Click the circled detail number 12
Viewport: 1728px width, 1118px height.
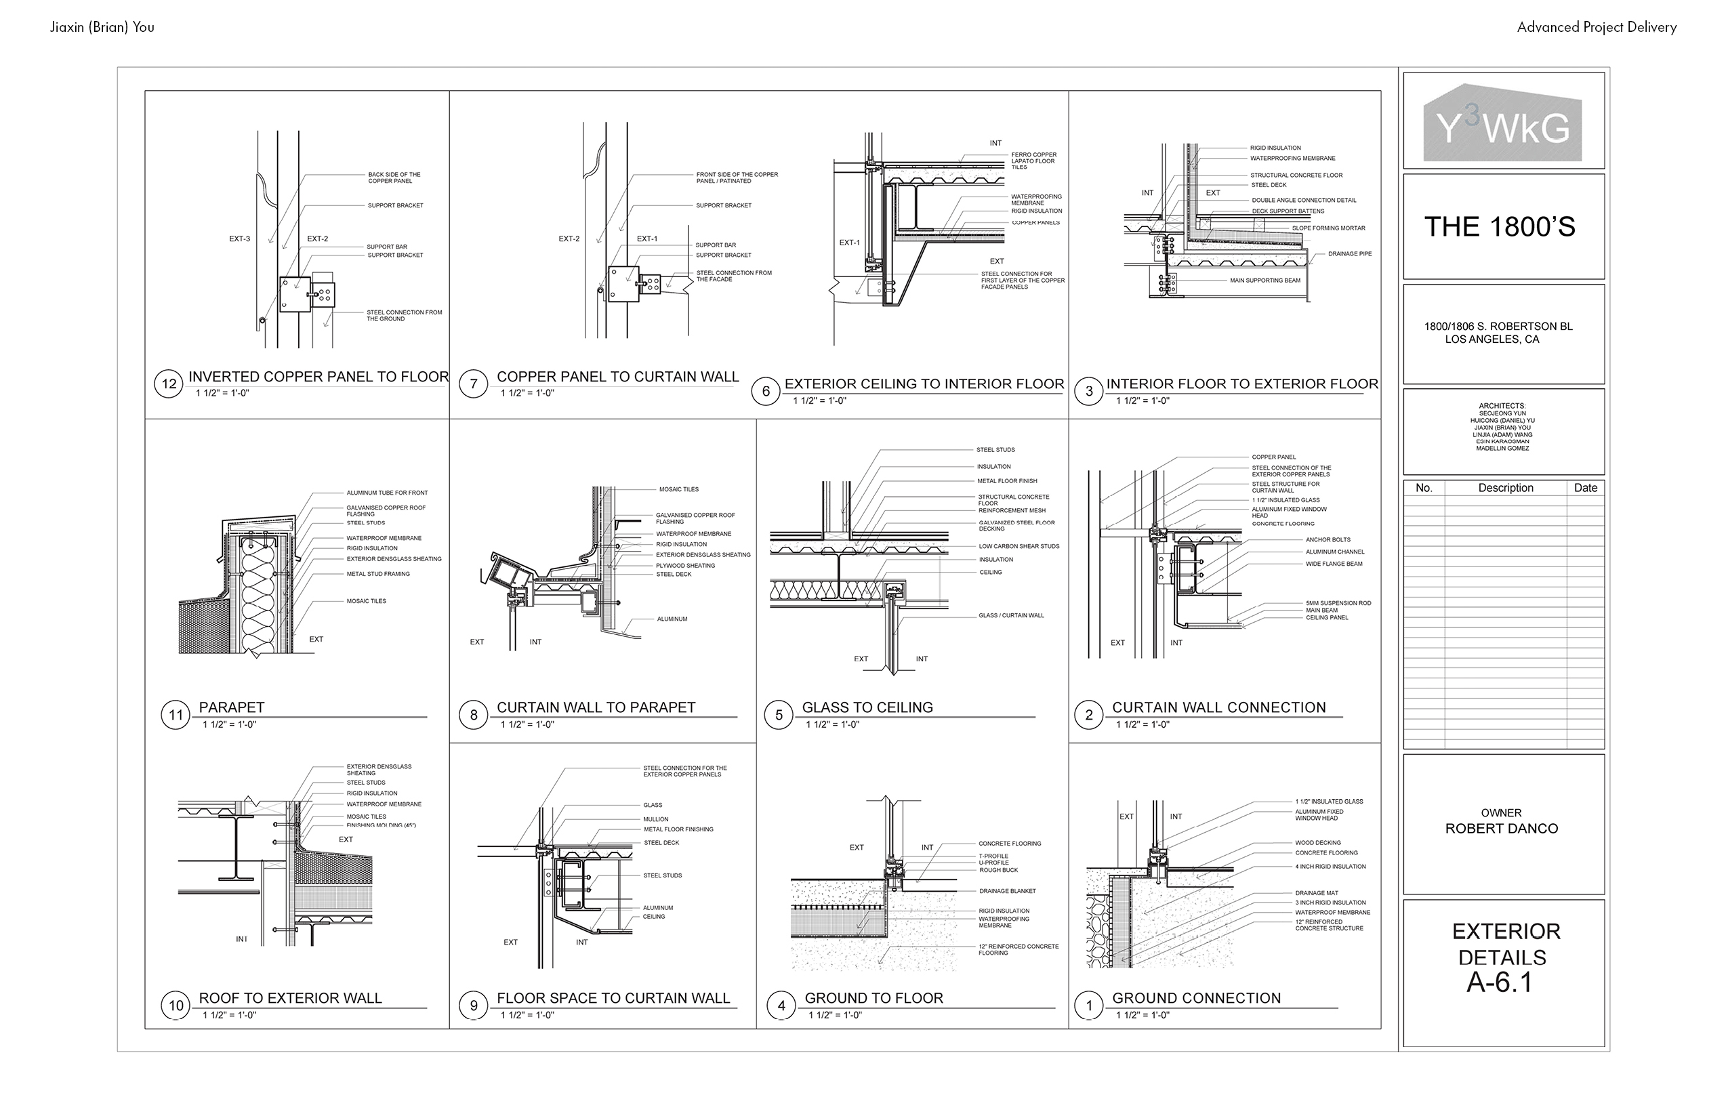(x=169, y=384)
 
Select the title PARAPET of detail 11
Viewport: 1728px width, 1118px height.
(x=232, y=707)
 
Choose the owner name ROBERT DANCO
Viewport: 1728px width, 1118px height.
(x=1501, y=828)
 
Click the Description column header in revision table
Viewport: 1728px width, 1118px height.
(x=1505, y=488)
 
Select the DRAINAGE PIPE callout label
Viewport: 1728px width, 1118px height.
(x=1350, y=254)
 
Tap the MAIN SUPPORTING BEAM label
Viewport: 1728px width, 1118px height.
(x=1264, y=281)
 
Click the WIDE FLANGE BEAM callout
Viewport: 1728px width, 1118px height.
(x=1334, y=564)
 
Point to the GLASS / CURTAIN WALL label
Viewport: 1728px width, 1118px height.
(x=1010, y=616)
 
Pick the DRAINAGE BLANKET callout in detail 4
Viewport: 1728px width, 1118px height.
(x=1007, y=891)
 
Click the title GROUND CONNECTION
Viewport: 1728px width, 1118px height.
(x=1196, y=998)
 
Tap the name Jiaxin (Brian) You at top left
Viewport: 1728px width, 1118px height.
(x=102, y=28)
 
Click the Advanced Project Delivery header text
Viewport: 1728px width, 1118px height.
(x=1597, y=28)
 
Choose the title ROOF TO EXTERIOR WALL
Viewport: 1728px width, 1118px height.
(x=290, y=998)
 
